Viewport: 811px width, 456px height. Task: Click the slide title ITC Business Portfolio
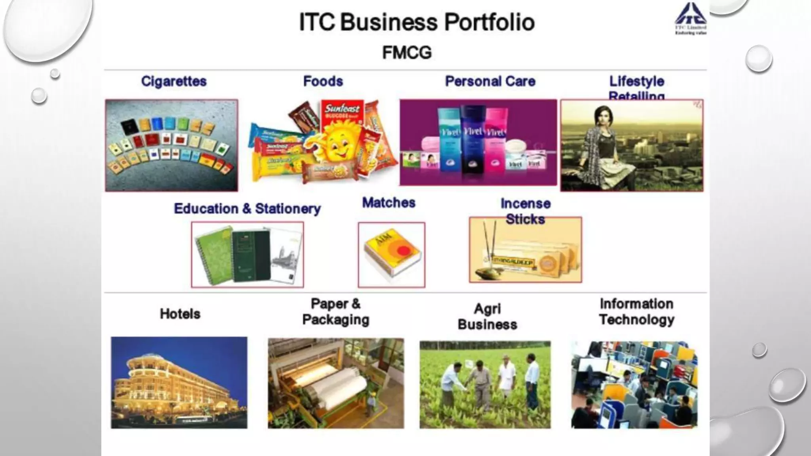point(417,22)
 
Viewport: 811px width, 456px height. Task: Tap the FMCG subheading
point(407,53)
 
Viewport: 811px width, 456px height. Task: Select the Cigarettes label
point(174,81)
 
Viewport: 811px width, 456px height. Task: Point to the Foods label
point(323,81)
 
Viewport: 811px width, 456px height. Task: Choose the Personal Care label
point(490,81)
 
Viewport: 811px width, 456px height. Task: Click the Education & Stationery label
point(247,209)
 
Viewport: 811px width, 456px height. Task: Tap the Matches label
point(388,203)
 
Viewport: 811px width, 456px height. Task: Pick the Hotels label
point(180,314)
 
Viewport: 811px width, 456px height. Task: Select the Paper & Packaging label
point(335,312)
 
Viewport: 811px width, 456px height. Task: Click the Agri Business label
point(487,316)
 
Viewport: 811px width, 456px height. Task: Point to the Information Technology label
point(636,312)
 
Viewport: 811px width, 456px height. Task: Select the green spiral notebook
point(214,255)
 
